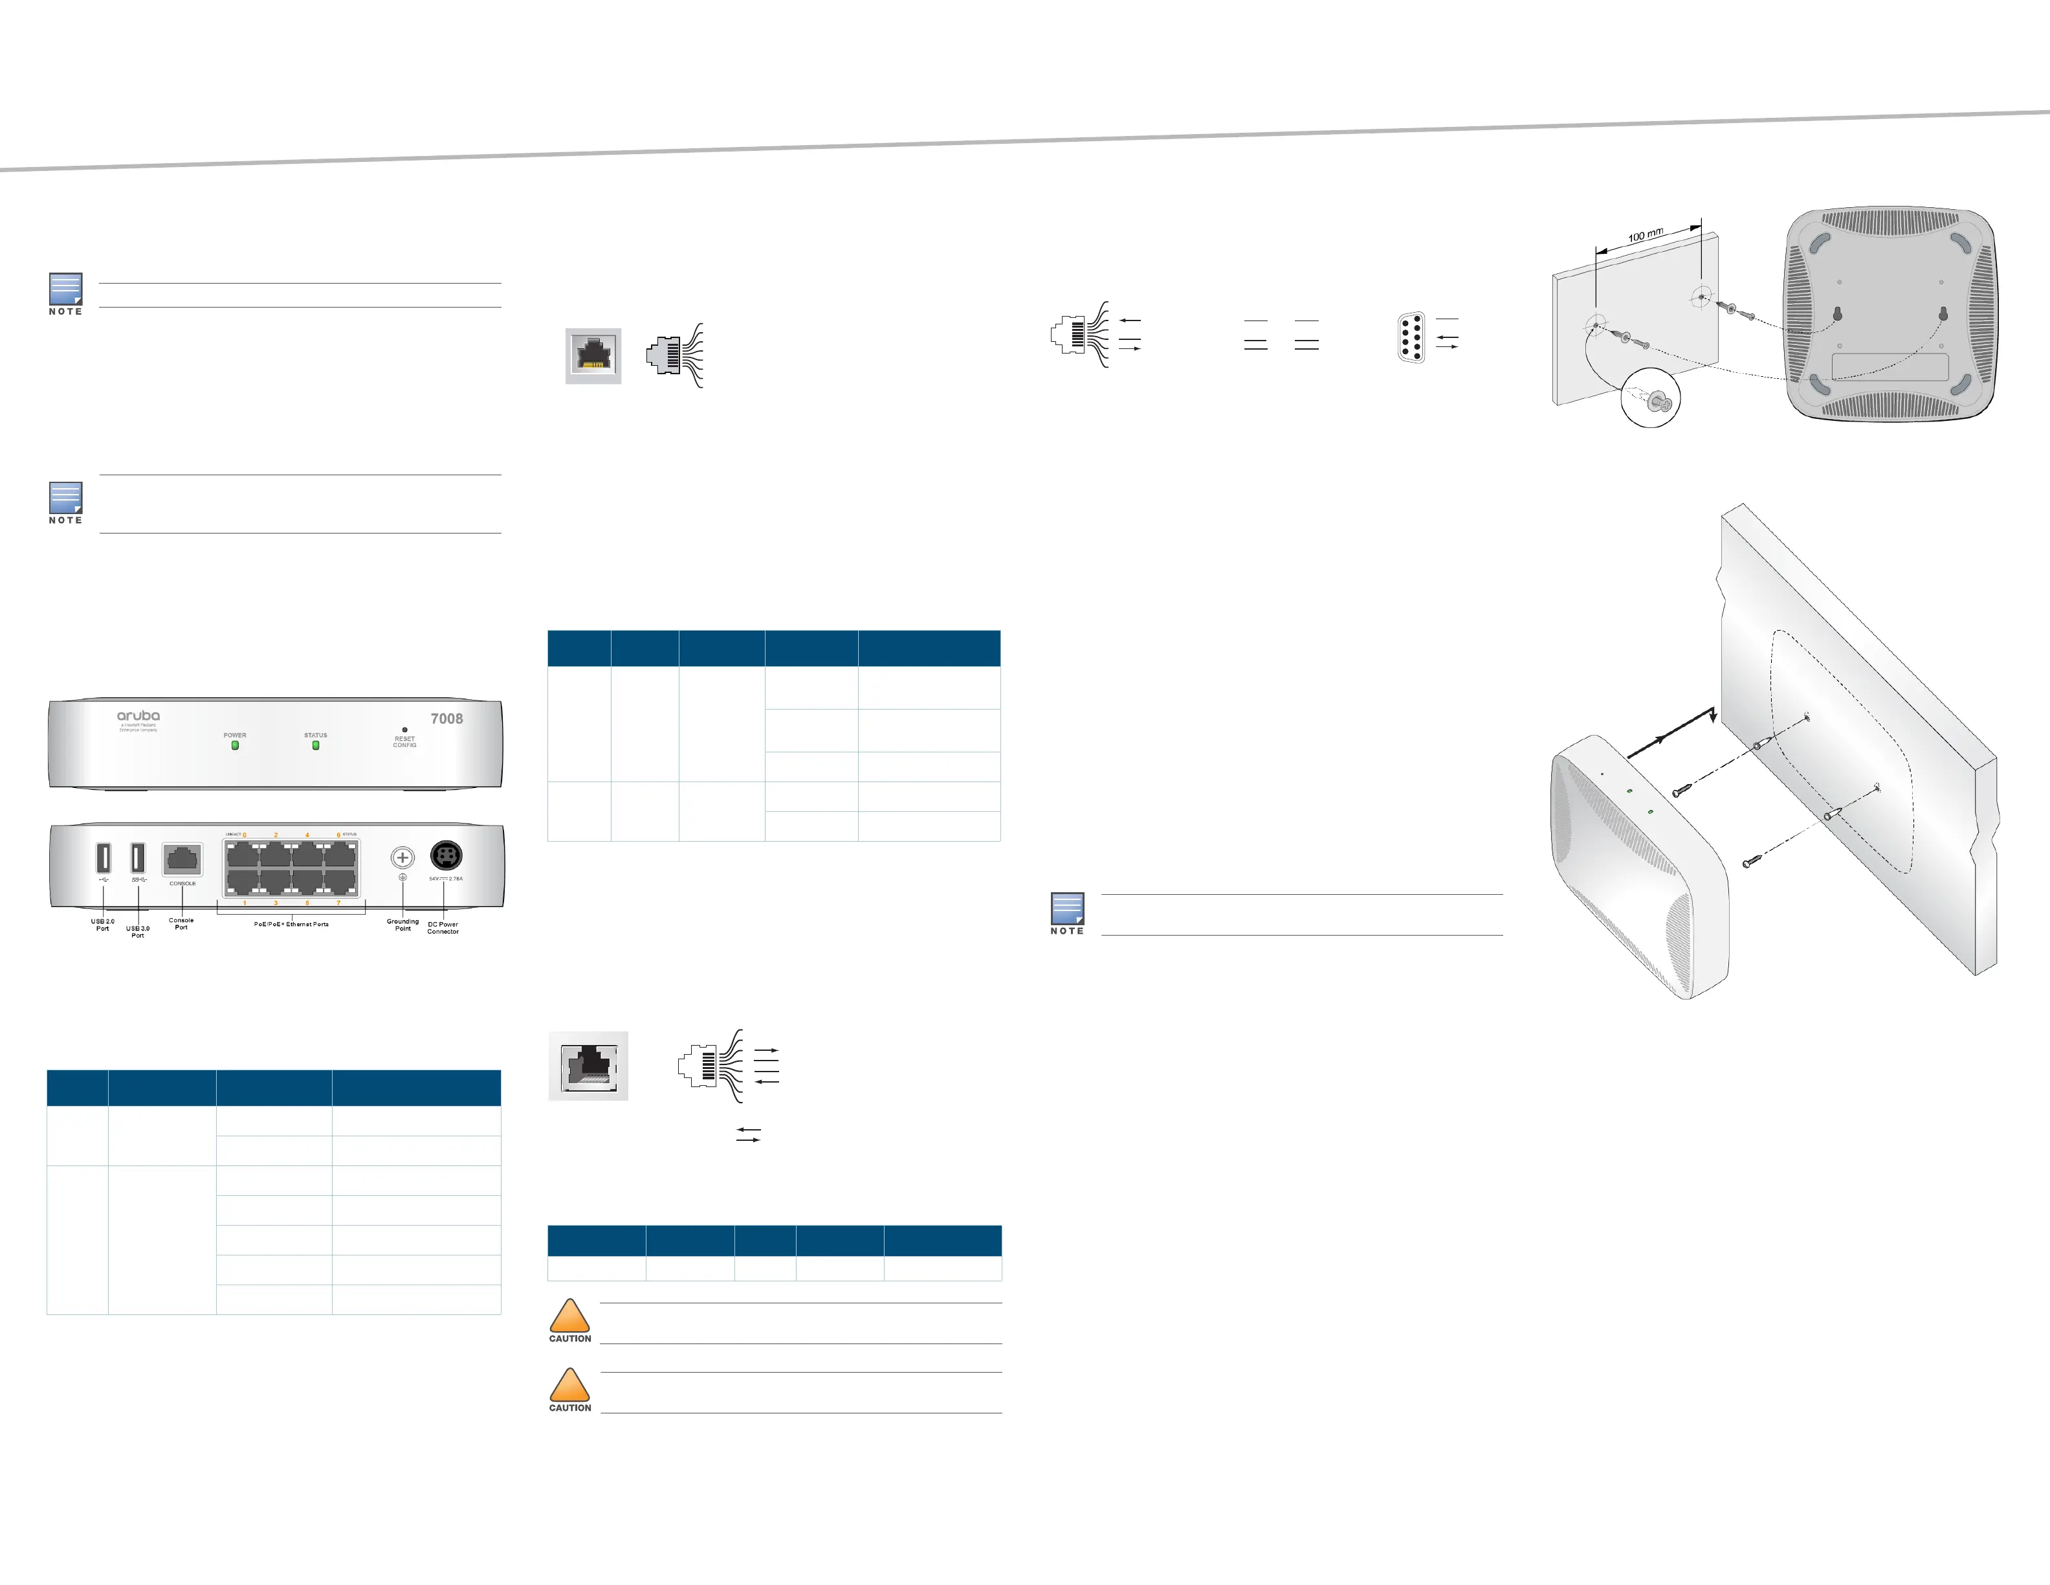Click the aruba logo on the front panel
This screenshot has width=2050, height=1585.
click(x=138, y=715)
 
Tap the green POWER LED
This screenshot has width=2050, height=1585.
click(x=235, y=745)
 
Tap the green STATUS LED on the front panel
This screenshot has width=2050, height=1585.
click(x=315, y=745)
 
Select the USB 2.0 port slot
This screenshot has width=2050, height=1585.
click(x=104, y=857)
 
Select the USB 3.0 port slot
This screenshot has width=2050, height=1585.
click(x=138, y=857)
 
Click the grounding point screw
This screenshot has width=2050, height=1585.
click(x=402, y=857)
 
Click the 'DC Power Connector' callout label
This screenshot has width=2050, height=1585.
click(x=443, y=928)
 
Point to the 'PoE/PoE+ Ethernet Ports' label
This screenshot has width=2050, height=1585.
click(x=291, y=924)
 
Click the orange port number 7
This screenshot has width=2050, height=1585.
click(x=339, y=903)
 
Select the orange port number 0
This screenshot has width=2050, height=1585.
click(x=245, y=835)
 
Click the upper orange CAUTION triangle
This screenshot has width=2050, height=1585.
click(x=569, y=1318)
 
